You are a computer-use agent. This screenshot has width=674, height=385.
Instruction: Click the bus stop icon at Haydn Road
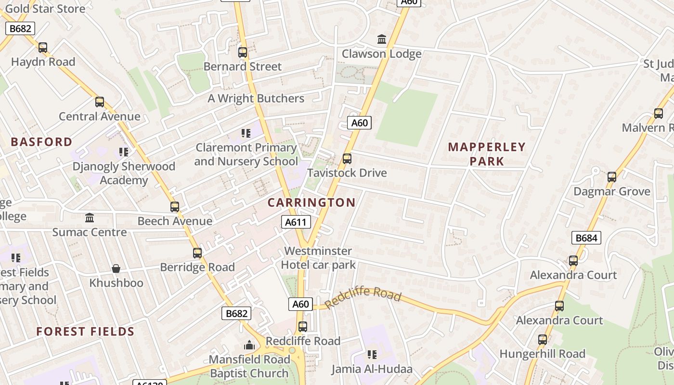coord(43,47)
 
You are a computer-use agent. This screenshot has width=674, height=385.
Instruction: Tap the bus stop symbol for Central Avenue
coord(100,102)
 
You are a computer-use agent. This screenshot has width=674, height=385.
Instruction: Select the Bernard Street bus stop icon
coord(243,52)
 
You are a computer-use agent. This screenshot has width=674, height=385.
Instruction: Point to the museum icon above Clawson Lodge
coord(382,39)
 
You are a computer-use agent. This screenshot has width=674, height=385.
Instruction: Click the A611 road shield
coord(296,222)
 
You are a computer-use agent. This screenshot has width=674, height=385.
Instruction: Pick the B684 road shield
coord(586,237)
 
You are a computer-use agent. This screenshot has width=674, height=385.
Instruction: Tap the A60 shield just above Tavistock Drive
coord(359,123)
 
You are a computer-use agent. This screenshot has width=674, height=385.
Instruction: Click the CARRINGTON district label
coord(311,203)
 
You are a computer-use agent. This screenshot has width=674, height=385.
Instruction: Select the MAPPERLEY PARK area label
coord(487,154)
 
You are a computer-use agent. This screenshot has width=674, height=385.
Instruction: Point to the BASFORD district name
coord(41,142)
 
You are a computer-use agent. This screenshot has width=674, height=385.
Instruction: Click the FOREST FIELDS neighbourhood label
coord(85,332)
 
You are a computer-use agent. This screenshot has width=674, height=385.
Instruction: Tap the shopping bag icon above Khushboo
coord(116,268)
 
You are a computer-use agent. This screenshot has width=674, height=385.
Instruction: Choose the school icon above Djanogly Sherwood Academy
coord(124,152)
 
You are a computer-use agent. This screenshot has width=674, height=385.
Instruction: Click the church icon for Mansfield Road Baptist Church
coord(249,345)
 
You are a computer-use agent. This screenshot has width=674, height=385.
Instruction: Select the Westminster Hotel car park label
coord(318,258)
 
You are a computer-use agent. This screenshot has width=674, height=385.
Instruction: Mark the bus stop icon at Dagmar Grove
coord(611,177)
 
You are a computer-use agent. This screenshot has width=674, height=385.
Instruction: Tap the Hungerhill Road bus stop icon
coord(543,340)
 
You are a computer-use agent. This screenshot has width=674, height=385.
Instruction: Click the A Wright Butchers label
coord(256,99)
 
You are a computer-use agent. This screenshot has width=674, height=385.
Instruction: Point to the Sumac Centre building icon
coord(90,218)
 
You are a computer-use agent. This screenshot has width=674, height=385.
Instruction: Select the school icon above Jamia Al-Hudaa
coord(372,355)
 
